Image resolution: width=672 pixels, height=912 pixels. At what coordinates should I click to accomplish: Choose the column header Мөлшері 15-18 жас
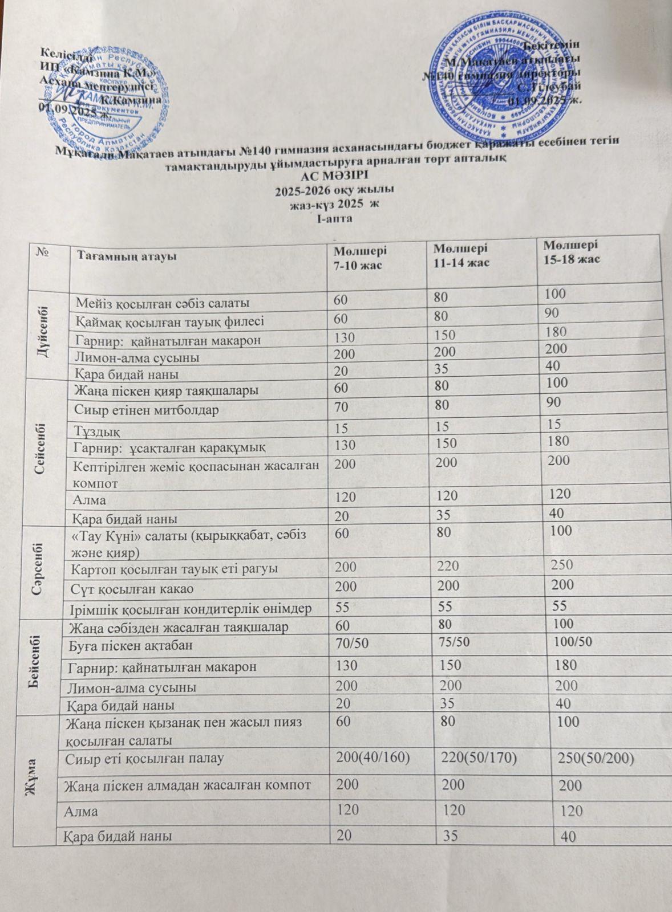click(570, 253)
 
